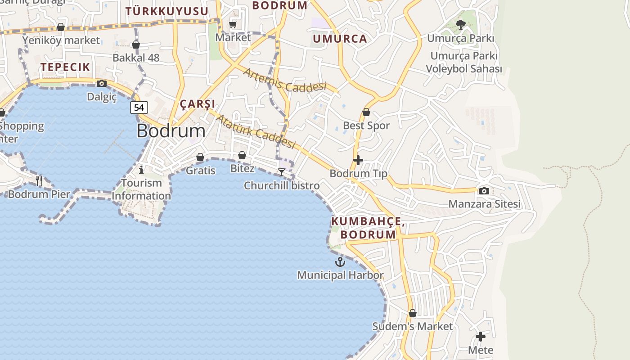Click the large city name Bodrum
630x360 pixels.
171,130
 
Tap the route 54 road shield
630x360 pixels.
139,108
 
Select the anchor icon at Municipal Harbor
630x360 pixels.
340,261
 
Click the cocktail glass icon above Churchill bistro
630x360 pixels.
282,172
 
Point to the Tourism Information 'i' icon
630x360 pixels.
141,170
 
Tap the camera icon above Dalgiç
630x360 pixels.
102,83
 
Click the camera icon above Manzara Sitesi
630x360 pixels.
484,191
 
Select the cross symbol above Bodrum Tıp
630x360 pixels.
358,160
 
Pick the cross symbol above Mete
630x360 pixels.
481,337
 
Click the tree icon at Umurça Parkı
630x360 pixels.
460,25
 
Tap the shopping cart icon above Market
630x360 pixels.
233,24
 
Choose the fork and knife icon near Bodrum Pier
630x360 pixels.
40,181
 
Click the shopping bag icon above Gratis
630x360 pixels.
200,157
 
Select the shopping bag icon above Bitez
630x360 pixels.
242,155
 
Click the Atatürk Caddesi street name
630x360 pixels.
256,131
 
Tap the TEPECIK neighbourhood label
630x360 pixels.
65,67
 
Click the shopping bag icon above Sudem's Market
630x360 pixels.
413,313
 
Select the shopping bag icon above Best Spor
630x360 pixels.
366,112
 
